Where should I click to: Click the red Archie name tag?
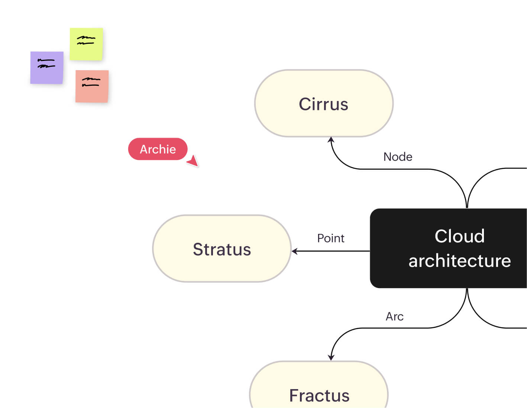158,149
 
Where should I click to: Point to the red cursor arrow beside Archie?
193,161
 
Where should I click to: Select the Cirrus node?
324,104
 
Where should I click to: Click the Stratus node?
222,249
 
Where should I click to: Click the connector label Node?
398,157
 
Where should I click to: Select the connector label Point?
331,238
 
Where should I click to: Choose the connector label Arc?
394,316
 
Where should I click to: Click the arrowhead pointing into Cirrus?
331,140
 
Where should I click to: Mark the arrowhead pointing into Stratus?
294,251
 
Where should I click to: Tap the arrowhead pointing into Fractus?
331,358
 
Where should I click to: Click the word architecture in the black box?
459,261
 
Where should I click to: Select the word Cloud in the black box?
459,236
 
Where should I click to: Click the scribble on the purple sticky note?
46,63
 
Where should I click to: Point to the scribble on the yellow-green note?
86,40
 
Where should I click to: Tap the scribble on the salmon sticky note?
91,82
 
